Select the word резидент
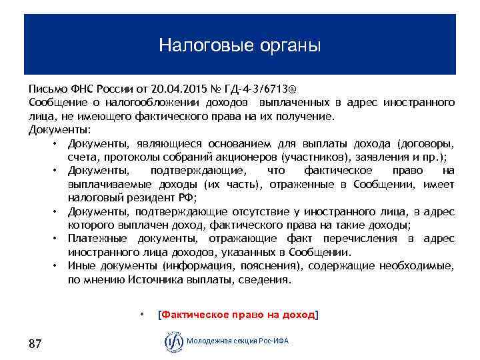[x=150, y=198]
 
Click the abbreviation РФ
[x=187, y=198]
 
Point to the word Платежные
[x=98, y=239]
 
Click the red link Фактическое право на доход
[x=237, y=315]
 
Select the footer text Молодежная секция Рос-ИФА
[x=238, y=341]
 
